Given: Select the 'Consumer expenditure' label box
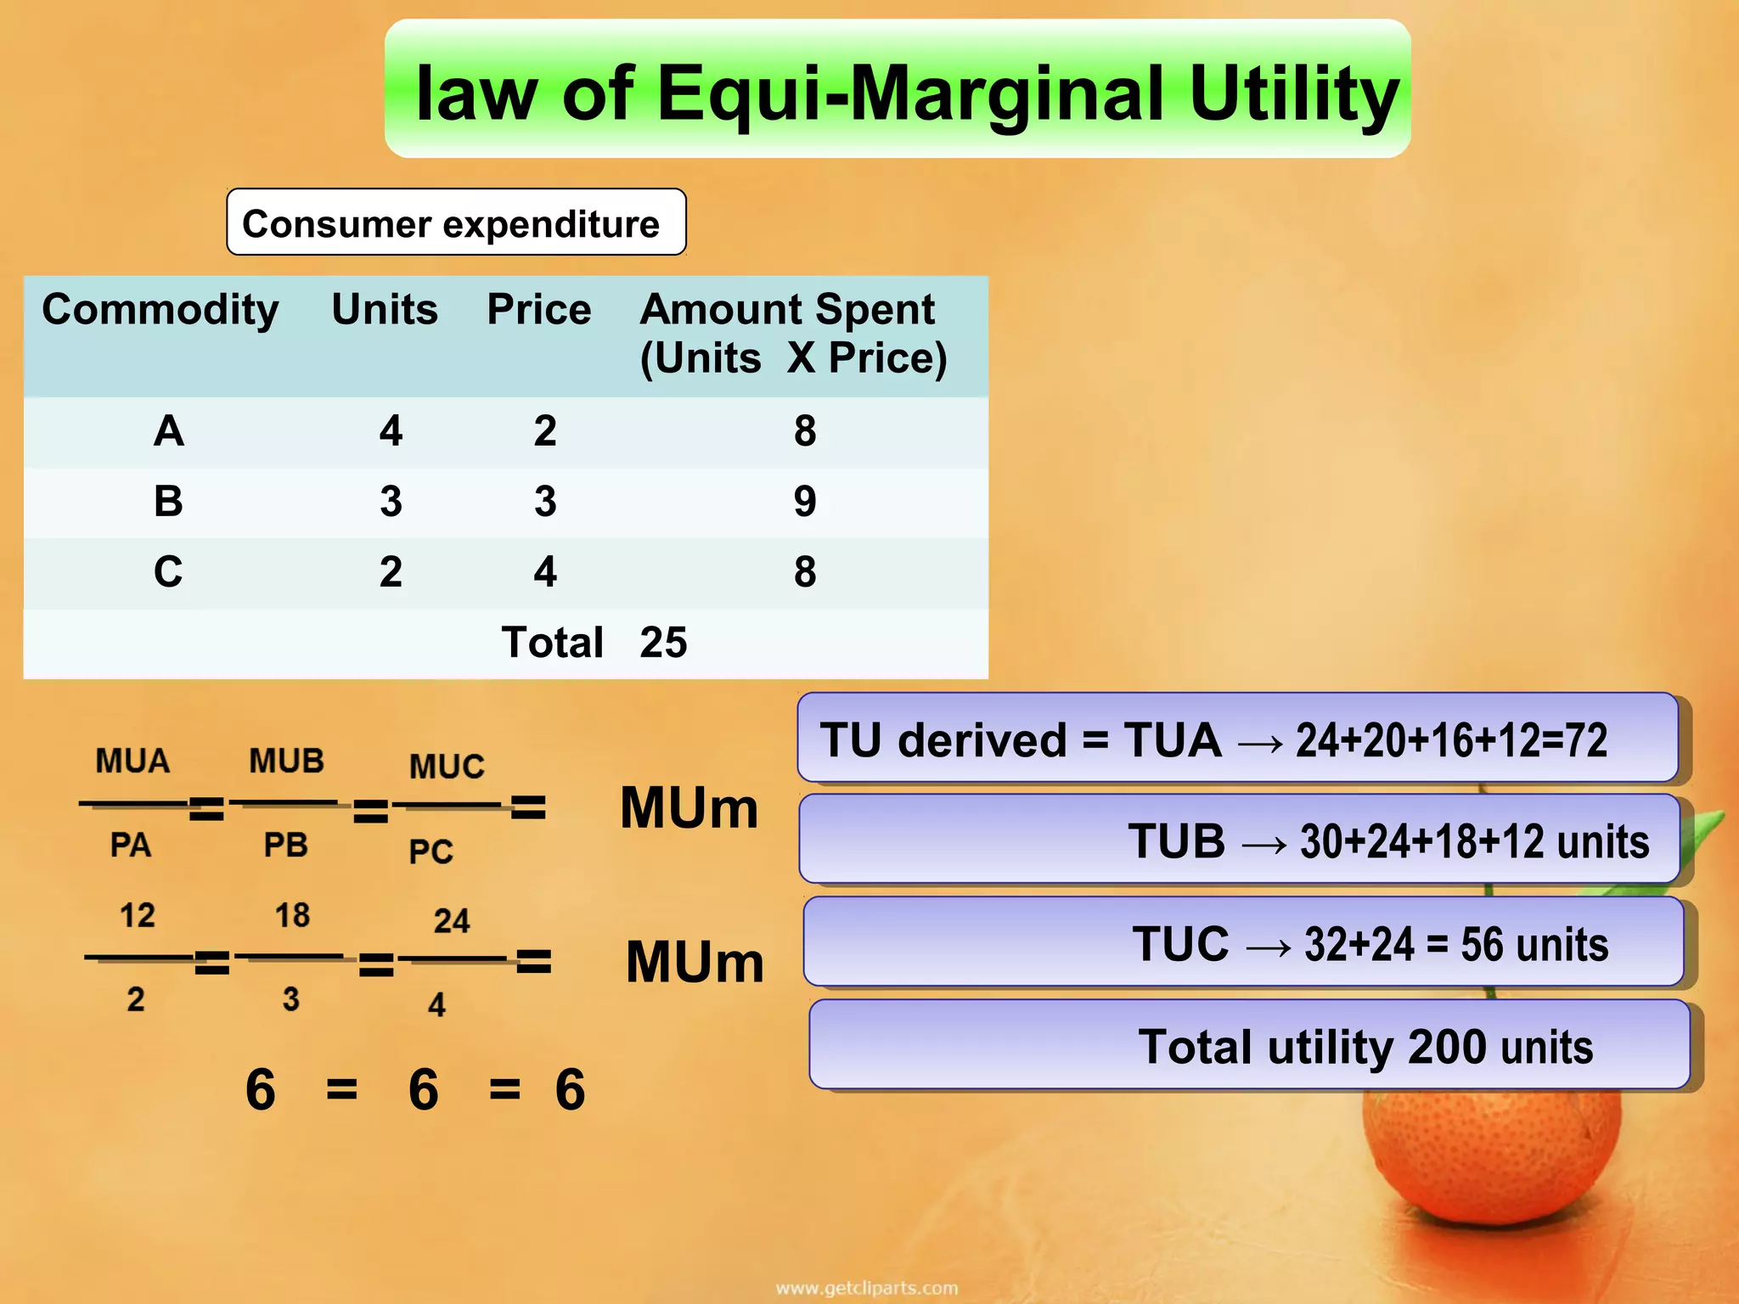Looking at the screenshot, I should coord(456,223).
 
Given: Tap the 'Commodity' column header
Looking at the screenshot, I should coord(160,310).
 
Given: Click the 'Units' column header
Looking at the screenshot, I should coord(385,310).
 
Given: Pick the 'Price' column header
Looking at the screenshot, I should coord(538,310).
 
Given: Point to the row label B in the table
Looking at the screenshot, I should coord(168,501).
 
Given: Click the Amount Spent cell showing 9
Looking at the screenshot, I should coord(805,501).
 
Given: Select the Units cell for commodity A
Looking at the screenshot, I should coord(391,431).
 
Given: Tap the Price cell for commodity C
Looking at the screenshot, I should coord(545,571).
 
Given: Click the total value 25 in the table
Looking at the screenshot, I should coord(663,643).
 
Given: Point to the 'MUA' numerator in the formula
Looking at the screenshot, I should coord(132,762).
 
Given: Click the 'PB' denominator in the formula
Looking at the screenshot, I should coord(285,846).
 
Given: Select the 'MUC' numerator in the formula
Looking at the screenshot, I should coord(447,767).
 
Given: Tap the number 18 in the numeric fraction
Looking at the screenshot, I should coord(292,916).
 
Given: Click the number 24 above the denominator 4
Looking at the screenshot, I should coord(452,921).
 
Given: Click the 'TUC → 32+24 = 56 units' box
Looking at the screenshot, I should coord(1243,942).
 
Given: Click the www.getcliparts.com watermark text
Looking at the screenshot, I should coord(867,1289).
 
